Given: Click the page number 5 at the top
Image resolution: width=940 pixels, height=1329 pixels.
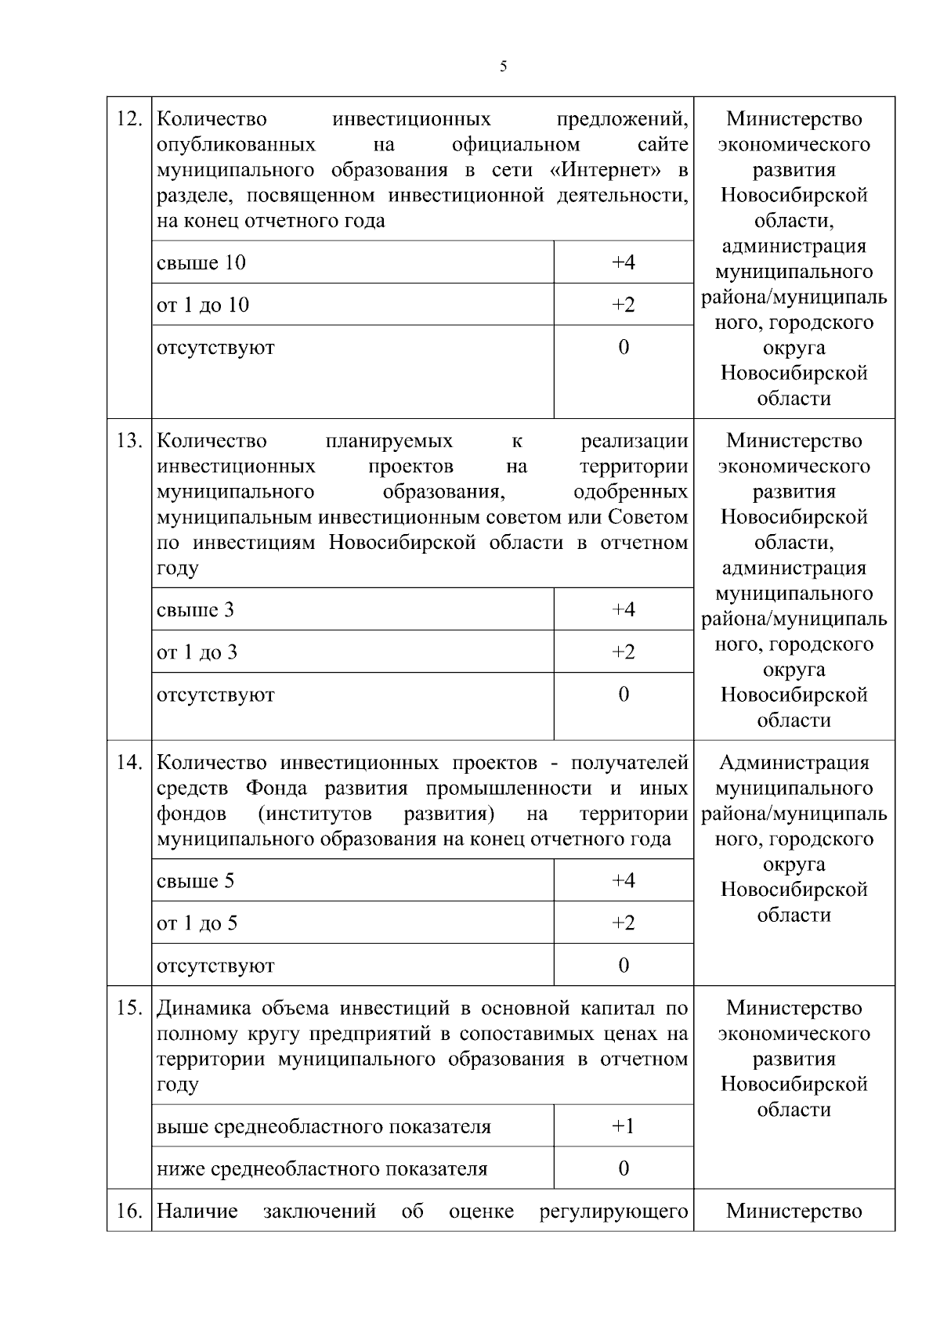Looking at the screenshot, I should [503, 67].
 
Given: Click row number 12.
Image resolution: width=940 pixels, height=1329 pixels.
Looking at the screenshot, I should [128, 119].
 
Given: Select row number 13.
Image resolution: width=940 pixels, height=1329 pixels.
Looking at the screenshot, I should [128, 441].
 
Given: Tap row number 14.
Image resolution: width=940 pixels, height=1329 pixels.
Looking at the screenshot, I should [128, 763].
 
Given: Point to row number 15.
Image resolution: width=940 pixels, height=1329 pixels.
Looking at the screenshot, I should [128, 1008].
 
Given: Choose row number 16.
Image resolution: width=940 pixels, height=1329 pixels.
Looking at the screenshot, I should [128, 1211].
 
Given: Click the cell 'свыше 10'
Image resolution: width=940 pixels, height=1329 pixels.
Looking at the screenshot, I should [201, 262].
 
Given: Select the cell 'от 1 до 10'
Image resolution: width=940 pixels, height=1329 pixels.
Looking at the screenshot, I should [203, 305].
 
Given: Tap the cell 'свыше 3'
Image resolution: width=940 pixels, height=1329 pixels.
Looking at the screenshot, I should [195, 610].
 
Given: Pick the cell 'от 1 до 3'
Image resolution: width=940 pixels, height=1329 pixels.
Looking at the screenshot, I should [197, 652].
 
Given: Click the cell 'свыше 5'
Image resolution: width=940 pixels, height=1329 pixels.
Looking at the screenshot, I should [195, 881].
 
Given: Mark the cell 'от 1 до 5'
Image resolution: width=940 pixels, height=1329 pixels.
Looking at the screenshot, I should [197, 923].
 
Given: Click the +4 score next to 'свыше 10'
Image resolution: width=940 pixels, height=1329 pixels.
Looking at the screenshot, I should [623, 262].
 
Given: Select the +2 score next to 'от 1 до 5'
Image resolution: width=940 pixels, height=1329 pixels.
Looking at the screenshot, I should [623, 923].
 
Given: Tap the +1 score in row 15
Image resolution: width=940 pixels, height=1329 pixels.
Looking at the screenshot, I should [623, 1126].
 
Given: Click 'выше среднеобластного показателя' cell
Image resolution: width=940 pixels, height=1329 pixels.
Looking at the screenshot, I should [324, 1127].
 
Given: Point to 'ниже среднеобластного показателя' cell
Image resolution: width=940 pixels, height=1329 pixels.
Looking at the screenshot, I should [322, 1169].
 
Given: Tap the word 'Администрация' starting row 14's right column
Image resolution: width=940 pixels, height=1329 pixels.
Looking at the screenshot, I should [794, 763].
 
